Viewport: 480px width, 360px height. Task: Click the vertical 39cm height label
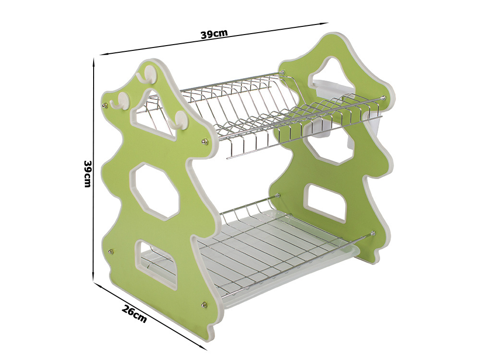click(x=87, y=174)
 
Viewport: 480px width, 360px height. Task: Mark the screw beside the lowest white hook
click(x=204, y=141)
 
